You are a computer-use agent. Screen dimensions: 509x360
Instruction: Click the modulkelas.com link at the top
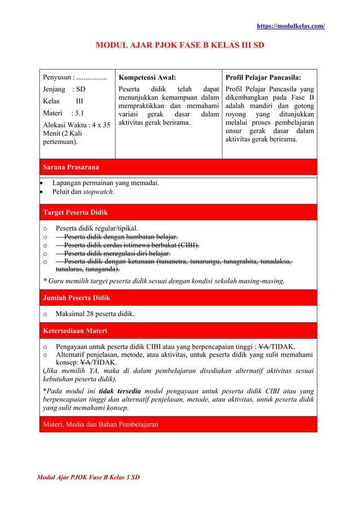[291, 26]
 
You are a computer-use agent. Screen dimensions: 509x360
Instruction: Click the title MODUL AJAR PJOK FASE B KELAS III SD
[179, 45]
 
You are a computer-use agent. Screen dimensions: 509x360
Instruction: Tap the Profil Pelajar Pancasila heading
[262, 78]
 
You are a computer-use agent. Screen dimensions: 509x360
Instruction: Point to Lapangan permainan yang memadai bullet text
[106, 182]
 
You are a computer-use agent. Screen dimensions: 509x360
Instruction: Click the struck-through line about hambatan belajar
[121, 236]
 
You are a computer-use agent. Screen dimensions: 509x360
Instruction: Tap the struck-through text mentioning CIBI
[131, 245]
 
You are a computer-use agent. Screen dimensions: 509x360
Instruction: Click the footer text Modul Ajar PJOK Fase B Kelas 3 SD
[88, 477]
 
